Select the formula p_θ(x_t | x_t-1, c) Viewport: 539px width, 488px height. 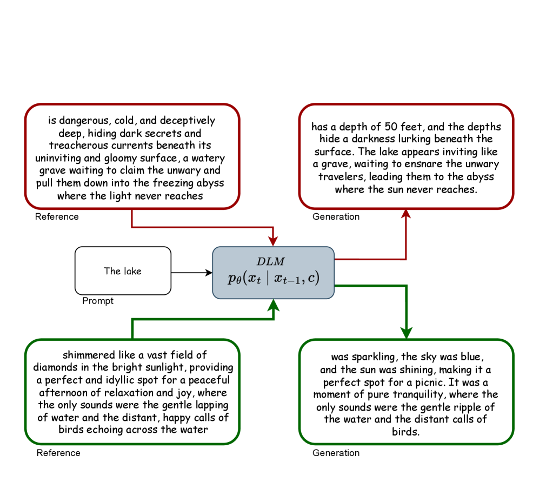tap(274, 278)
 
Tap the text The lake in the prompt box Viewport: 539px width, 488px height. tap(123, 271)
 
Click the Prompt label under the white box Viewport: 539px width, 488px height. tap(98, 301)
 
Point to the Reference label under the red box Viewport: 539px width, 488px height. tap(57, 217)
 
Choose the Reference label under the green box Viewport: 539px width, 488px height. tap(58, 453)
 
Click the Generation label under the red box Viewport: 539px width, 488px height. tap(336, 217)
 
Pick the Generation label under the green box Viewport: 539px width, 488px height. tap(336, 453)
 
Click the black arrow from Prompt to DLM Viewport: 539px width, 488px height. tap(191, 273)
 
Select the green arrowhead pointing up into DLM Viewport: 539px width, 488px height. tap(274, 306)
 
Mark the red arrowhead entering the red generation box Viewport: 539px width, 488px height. tap(406, 214)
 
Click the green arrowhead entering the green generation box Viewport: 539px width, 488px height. tap(406, 333)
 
